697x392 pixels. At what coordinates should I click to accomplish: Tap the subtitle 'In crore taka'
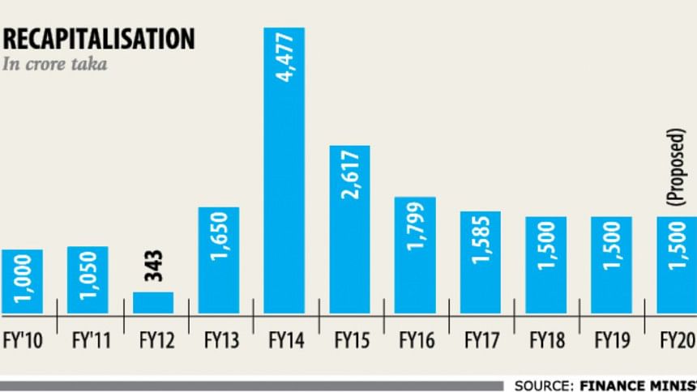tap(55, 65)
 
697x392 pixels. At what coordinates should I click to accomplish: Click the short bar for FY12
tap(153, 303)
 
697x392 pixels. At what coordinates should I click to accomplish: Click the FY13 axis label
tap(218, 340)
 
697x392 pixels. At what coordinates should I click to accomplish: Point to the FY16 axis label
tap(415, 340)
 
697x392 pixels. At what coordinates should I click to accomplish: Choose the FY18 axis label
tap(546, 340)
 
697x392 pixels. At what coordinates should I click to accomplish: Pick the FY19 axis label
tap(612, 340)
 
